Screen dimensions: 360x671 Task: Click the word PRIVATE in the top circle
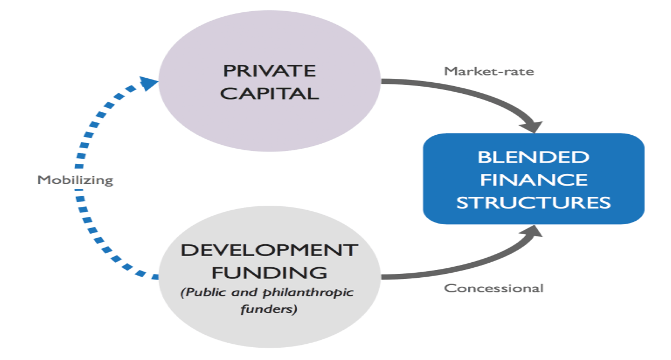pyautogui.click(x=270, y=71)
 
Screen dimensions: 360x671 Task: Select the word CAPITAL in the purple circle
pyautogui.click(x=270, y=92)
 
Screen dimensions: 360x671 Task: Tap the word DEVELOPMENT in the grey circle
pyautogui.click(x=269, y=250)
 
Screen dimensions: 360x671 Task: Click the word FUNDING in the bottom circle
pyautogui.click(x=269, y=272)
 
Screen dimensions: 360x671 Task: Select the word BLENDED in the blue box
pyautogui.click(x=533, y=157)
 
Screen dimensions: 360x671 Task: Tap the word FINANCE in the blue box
pyautogui.click(x=533, y=179)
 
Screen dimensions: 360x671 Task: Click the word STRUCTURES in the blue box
pyautogui.click(x=533, y=202)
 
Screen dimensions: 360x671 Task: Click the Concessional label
pyautogui.click(x=494, y=288)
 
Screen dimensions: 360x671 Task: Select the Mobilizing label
pyautogui.click(x=75, y=180)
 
